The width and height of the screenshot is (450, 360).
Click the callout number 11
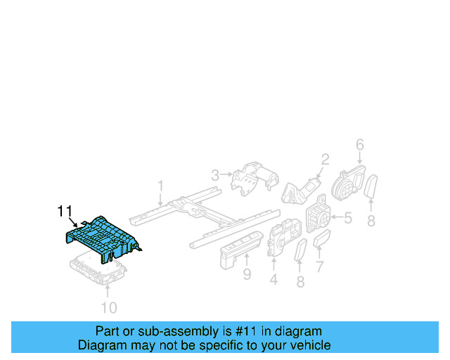(65, 211)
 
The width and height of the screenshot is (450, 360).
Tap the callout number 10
(109, 307)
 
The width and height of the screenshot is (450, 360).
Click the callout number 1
(160, 186)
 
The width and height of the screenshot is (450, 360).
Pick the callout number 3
(215, 174)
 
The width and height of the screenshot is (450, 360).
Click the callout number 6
(359, 145)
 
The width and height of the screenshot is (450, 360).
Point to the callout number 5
(347, 219)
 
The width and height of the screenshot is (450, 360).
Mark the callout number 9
(247, 274)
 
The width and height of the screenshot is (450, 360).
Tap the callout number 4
(273, 281)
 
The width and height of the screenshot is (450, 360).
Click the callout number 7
(319, 266)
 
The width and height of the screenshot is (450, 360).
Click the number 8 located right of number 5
(371, 221)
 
